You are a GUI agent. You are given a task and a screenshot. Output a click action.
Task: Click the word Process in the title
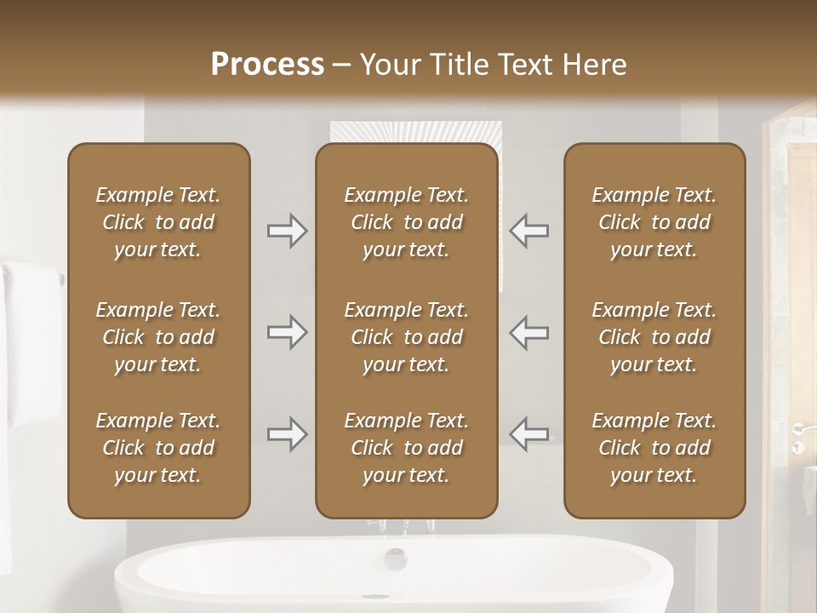click(x=267, y=65)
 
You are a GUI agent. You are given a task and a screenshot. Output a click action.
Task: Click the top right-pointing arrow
click(x=287, y=231)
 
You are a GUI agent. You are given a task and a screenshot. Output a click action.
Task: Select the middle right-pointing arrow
click(x=287, y=332)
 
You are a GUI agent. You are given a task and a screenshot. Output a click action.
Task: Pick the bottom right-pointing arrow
click(x=287, y=434)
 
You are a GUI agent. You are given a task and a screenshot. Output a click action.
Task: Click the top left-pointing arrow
click(x=529, y=231)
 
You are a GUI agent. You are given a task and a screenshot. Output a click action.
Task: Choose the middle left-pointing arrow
click(x=529, y=332)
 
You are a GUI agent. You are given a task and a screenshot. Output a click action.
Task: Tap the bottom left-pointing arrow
click(x=529, y=434)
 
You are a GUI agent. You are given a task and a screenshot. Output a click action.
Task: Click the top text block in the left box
click(x=158, y=222)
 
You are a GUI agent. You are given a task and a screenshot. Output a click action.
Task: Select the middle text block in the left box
click(x=158, y=337)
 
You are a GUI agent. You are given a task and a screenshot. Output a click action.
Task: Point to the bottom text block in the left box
click(x=158, y=448)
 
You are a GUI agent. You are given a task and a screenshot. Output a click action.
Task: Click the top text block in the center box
click(x=406, y=222)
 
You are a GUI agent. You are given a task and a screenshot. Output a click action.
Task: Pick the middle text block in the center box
click(x=406, y=337)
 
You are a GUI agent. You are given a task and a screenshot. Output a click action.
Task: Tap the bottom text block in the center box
click(x=406, y=448)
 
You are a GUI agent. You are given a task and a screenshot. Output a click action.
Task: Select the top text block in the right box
click(x=654, y=222)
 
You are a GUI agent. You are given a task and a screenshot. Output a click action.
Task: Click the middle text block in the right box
click(x=654, y=337)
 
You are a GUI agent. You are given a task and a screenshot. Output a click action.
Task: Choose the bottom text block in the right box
click(x=654, y=448)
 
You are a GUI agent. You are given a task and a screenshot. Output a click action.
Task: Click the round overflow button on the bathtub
click(x=396, y=559)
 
